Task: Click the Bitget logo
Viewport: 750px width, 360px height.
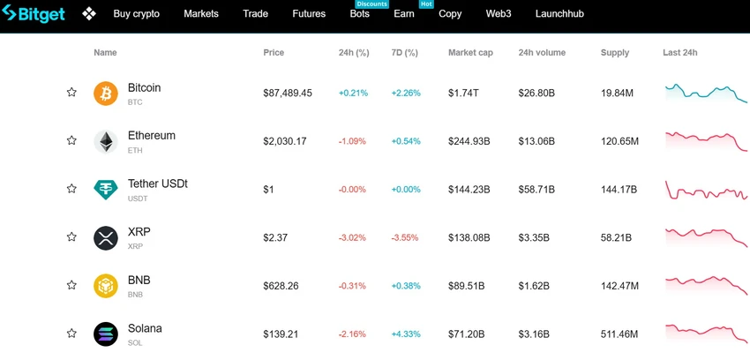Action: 33,13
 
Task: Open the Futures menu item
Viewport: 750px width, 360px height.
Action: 309,14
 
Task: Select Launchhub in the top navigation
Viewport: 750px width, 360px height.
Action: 559,14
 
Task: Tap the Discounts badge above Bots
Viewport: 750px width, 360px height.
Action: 371,4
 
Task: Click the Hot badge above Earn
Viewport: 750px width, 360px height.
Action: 426,4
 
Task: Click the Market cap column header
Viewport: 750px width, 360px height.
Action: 470,53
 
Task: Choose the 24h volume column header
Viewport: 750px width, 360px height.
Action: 542,53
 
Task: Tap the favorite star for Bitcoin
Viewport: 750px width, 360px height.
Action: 71,93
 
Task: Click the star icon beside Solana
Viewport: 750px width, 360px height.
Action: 71,334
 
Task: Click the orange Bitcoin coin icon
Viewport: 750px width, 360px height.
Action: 106,94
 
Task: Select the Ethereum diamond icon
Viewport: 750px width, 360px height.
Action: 106,141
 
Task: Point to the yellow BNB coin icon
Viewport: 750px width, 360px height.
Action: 106,286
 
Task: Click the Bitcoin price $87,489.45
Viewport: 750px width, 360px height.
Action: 288,94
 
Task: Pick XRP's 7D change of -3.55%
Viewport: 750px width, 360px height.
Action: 405,237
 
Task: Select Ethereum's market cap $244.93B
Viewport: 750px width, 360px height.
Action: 469,141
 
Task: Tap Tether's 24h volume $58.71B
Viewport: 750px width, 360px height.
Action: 536,190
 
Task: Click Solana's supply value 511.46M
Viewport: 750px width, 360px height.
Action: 619,334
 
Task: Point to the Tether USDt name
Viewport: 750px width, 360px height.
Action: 158,184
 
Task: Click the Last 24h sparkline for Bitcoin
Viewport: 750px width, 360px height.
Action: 706,94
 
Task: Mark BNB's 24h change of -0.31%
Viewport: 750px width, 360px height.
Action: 352,286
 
